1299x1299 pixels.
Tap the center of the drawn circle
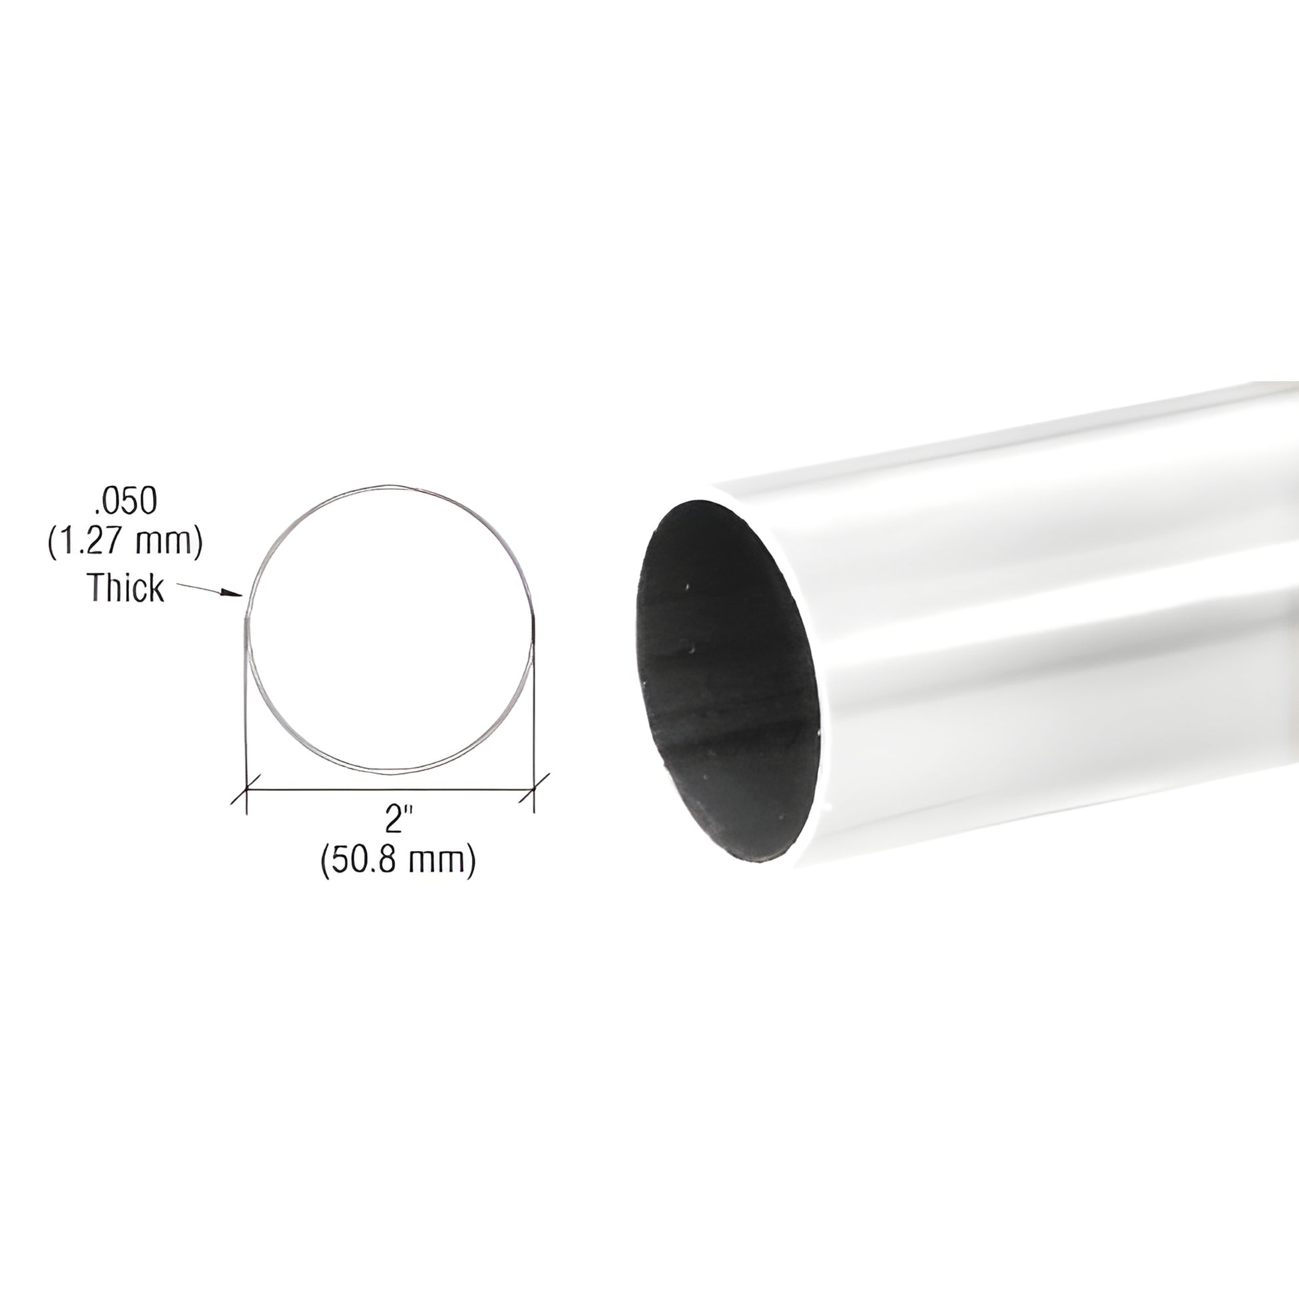point(390,628)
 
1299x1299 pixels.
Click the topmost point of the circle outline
point(390,486)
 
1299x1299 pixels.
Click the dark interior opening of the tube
point(726,679)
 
